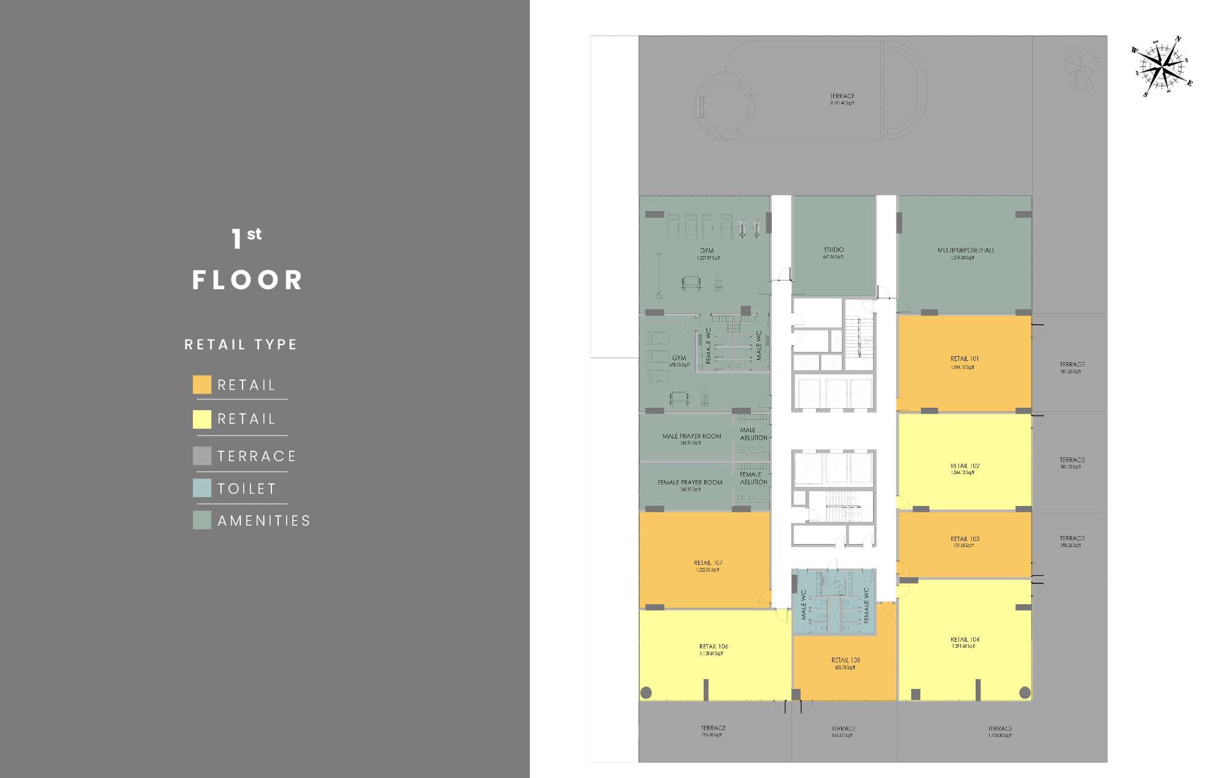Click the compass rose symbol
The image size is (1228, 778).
[x=1162, y=66]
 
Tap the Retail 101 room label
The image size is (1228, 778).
[x=965, y=359]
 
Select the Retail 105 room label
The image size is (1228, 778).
[x=845, y=661]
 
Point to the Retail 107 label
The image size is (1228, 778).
[x=708, y=563]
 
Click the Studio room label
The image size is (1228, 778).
[x=834, y=251]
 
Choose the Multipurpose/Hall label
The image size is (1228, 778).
[x=965, y=251]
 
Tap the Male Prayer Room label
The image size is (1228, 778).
[x=691, y=437]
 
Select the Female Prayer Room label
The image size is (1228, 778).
[x=690, y=483]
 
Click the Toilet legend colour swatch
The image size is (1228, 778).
[x=202, y=488]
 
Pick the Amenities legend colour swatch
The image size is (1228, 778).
[x=202, y=520]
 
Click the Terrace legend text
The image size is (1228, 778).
[x=257, y=456]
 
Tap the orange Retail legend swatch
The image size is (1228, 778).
[x=202, y=384]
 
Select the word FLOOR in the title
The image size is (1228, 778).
[x=247, y=280]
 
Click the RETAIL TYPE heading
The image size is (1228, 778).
[x=241, y=344]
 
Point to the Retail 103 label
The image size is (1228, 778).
[x=965, y=539]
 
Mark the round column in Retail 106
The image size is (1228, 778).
[x=646, y=693]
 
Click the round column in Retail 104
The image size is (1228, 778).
[x=1025, y=693]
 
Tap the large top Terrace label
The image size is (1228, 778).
[x=842, y=97]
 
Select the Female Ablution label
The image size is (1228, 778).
[x=753, y=478]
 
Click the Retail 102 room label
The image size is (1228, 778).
[x=965, y=467]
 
